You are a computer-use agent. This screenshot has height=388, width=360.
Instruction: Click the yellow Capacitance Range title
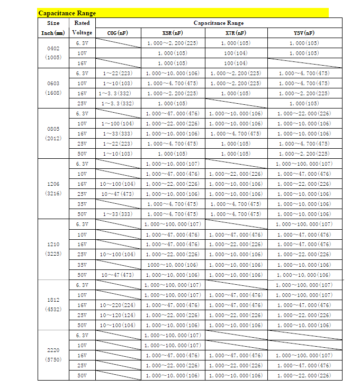coord(67,13)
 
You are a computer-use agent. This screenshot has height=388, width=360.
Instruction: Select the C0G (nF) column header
coord(118,33)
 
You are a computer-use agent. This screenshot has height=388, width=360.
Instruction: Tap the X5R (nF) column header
coord(172,33)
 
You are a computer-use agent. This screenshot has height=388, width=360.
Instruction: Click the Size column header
coord(53,23)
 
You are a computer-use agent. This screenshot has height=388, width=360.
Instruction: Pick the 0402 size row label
coord(53,48)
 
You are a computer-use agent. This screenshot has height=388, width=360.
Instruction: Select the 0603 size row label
coord(53,83)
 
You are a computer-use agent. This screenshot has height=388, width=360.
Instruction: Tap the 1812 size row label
coord(53,300)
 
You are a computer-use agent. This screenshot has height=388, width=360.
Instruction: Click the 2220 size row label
coord(53,350)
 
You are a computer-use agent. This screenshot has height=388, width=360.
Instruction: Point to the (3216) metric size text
coord(53,193)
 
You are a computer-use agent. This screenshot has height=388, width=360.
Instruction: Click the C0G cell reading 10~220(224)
coord(118,305)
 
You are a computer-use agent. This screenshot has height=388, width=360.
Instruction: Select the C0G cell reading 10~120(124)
coord(118,315)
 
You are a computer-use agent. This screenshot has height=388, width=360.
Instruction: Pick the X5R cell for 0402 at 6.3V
coord(172,43)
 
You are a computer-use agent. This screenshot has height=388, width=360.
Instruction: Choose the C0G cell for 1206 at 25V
coord(118,194)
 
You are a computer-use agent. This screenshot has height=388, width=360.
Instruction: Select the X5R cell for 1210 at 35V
coord(172,265)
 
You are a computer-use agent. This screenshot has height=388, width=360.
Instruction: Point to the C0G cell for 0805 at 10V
coord(118,123)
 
